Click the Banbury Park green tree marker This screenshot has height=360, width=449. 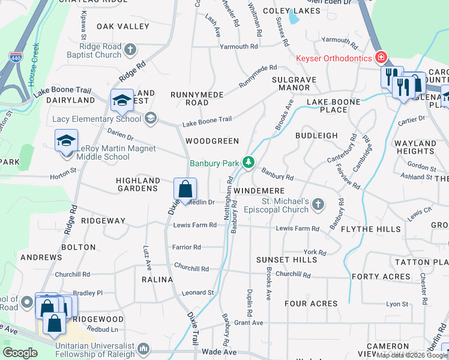pos(248,163)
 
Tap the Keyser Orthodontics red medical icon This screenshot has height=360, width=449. pos(380,58)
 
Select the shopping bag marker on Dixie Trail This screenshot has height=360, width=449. pos(185,189)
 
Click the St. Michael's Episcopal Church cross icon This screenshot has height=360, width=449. pos(318,206)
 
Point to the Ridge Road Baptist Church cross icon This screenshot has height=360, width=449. pos(130,48)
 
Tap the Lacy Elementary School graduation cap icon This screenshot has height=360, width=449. pos(150,118)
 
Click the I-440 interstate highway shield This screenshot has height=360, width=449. pos(15,58)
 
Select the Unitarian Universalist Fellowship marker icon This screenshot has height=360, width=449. pos(143,349)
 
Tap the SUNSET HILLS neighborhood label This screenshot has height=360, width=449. pos(286,260)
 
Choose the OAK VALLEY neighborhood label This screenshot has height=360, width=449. pos(122,26)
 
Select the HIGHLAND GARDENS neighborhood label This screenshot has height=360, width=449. pos(137,184)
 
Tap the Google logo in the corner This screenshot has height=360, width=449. pos(20,353)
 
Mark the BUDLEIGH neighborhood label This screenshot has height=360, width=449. pos(316,136)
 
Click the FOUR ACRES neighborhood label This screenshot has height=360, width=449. pos(311,304)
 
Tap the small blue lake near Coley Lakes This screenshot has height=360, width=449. pos(294,19)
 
